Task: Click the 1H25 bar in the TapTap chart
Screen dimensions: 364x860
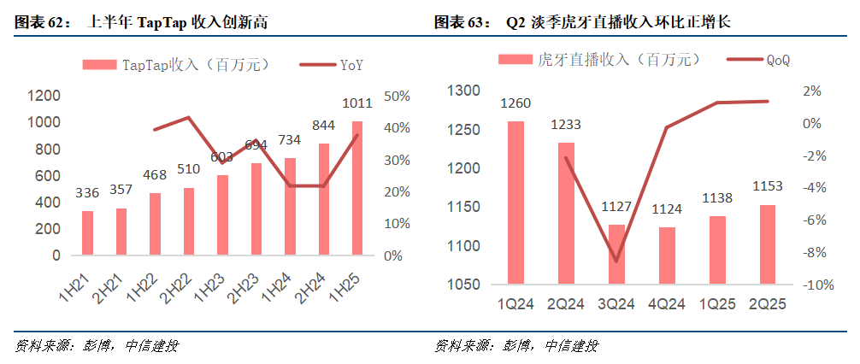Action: (x=357, y=188)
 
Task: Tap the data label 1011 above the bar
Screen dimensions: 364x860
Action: (x=357, y=104)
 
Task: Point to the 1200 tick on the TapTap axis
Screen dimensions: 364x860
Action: (x=44, y=96)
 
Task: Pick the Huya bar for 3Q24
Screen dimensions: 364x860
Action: (x=616, y=254)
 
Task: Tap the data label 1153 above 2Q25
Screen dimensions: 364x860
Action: (x=767, y=187)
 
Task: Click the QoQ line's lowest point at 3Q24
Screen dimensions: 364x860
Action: (x=616, y=261)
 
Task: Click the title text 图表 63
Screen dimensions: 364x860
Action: (x=457, y=22)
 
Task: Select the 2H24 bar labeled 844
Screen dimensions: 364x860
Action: (x=324, y=199)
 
